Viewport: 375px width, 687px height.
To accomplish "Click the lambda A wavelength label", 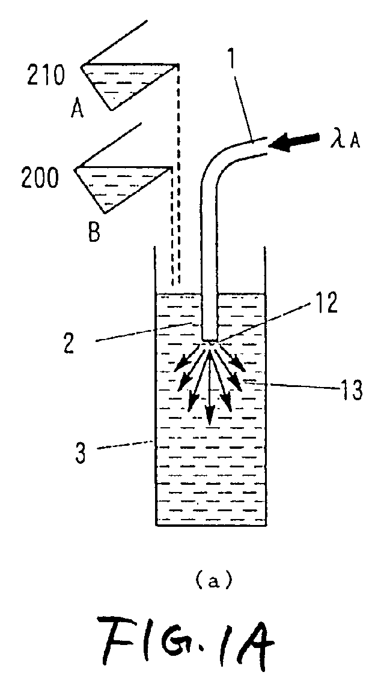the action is point(347,141).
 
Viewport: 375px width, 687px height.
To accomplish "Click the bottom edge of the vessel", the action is point(211,524).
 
